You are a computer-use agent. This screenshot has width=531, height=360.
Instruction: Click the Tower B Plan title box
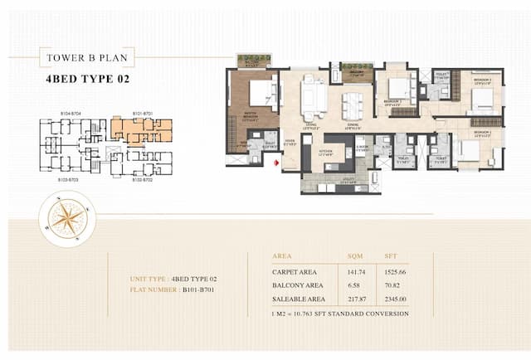coord(86,58)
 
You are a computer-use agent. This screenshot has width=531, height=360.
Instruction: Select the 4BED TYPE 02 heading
coord(85,81)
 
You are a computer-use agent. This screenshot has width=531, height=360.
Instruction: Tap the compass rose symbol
coord(66,218)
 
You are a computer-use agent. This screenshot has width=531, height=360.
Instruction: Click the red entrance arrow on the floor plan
coord(276,162)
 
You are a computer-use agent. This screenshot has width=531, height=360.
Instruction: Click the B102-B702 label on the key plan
coord(142,179)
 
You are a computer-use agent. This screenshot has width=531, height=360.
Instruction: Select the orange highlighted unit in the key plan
coord(141,129)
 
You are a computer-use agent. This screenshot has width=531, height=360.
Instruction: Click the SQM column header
coord(355,257)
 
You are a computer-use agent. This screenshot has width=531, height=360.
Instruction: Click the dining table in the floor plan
coord(353,106)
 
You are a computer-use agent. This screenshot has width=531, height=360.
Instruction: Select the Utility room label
coord(347,178)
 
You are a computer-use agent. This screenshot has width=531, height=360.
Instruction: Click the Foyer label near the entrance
coord(290,140)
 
